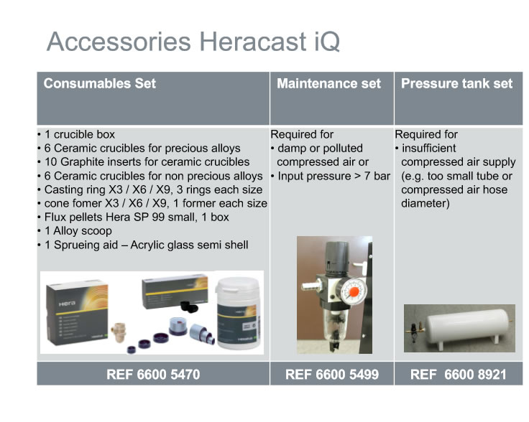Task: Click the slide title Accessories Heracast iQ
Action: click(193, 42)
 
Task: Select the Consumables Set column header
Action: click(99, 83)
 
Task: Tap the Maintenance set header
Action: click(328, 83)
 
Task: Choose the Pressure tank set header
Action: click(456, 83)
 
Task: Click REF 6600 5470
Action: click(153, 374)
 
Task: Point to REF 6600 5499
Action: click(332, 374)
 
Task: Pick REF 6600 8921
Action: click(458, 374)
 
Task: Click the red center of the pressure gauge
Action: click(354, 291)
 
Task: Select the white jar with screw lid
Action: click(238, 313)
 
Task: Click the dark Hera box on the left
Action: click(78, 312)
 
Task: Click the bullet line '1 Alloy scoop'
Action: click(78, 231)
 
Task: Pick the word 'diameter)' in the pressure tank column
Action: click(425, 203)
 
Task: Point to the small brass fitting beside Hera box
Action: click(119, 331)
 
